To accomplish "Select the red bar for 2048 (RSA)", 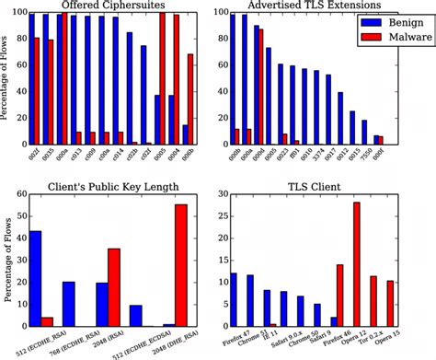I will (114, 287).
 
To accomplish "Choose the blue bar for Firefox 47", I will (233, 300).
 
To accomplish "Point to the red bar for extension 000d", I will (260, 87).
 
